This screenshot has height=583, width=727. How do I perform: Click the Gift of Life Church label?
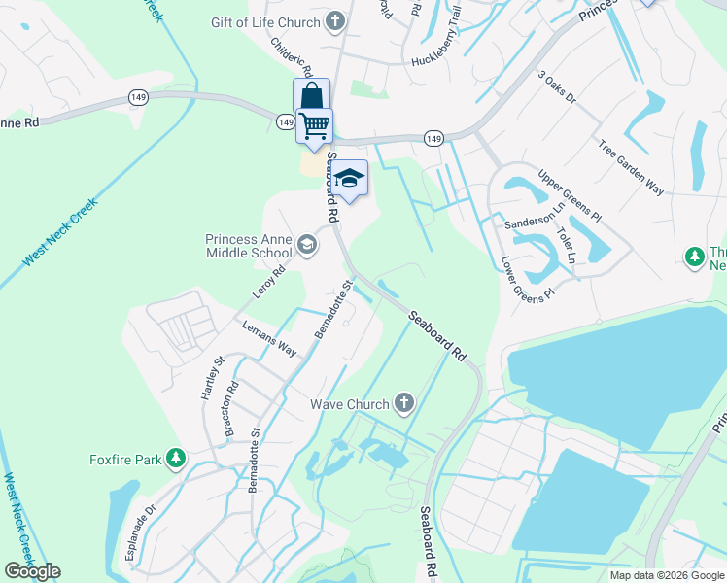click(265, 21)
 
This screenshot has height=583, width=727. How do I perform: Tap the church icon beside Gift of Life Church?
click(335, 21)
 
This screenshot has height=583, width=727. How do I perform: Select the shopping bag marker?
click(311, 96)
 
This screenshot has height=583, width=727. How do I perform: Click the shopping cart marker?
click(314, 125)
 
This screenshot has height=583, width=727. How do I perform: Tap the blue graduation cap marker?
click(350, 179)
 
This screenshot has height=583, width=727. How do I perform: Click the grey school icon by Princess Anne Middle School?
click(307, 245)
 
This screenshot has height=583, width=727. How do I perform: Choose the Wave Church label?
click(349, 403)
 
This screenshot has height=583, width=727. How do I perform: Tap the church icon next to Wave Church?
click(403, 403)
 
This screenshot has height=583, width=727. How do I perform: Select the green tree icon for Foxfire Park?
click(175, 457)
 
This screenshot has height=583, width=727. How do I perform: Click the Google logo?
click(32, 571)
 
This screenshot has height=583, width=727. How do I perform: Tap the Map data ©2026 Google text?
click(667, 575)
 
